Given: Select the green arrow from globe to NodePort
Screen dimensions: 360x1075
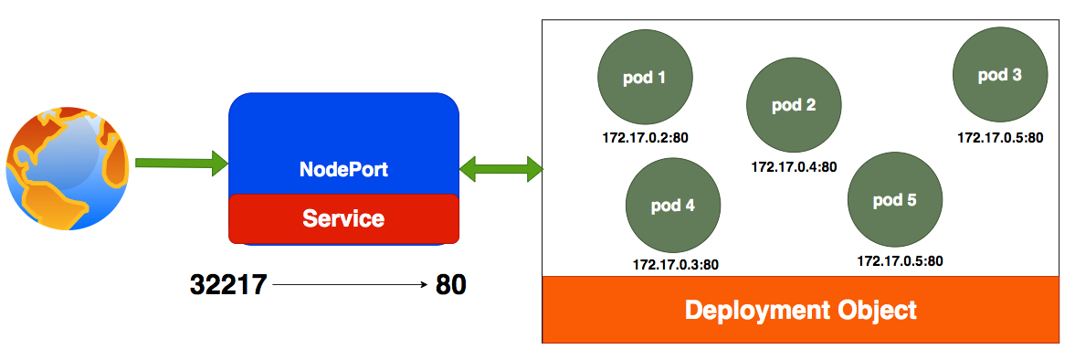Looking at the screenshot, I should pos(181,164).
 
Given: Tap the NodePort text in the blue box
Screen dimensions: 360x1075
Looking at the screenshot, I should pos(343,170).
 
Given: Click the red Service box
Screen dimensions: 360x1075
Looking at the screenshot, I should pos(343,219).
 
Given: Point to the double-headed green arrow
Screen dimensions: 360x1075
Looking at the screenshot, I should pos(501,169).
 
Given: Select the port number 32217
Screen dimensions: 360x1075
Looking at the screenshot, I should pos(228,285).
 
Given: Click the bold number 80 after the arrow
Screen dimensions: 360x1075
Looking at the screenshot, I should pos(450,285).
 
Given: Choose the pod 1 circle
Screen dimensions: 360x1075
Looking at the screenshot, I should pos(644,79).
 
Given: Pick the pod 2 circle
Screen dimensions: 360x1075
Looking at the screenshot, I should pos(793,105).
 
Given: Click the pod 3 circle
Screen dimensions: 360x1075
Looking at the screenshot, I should pos(999,76).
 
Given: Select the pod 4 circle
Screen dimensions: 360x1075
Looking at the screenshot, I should pos(673,206).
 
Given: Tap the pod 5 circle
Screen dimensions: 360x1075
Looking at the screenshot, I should pos(895,200).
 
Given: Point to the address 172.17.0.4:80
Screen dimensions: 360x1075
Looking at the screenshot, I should pos(794,167).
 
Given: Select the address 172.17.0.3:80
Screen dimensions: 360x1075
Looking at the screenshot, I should pos(675,265).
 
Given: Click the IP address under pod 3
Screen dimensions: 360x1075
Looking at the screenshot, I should pos(1000,138).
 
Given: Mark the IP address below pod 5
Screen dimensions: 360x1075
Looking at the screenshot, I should pos(900,261).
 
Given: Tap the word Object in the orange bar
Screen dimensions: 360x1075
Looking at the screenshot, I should pos(879,310).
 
